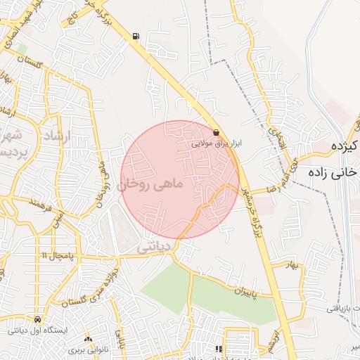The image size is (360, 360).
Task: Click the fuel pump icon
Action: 135,37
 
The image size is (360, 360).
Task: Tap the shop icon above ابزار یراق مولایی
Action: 215,131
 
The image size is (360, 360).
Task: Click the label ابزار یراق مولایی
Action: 217,142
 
